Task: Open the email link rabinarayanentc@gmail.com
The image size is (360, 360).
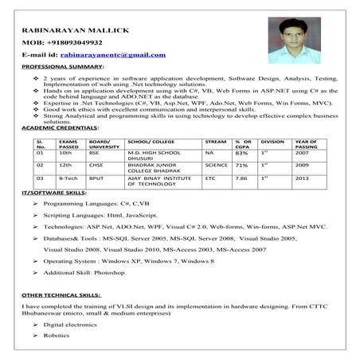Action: (x=112, y=55)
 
